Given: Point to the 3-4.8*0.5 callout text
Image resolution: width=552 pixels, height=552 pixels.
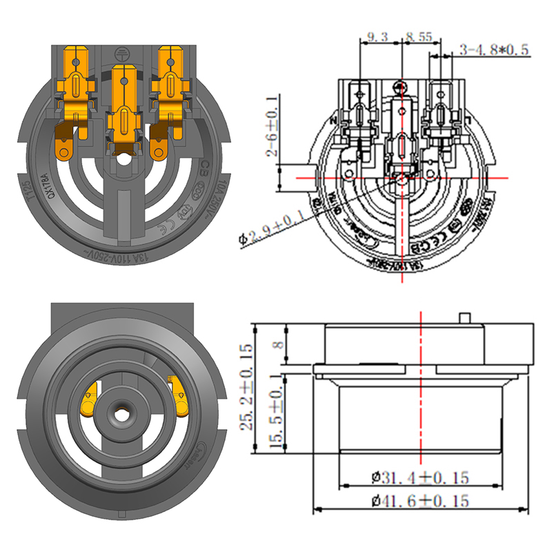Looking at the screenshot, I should [493, 50].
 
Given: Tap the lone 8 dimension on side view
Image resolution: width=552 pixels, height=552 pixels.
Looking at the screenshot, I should [277, 344].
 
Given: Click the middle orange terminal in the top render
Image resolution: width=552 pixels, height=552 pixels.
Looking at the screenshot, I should [124, 110].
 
